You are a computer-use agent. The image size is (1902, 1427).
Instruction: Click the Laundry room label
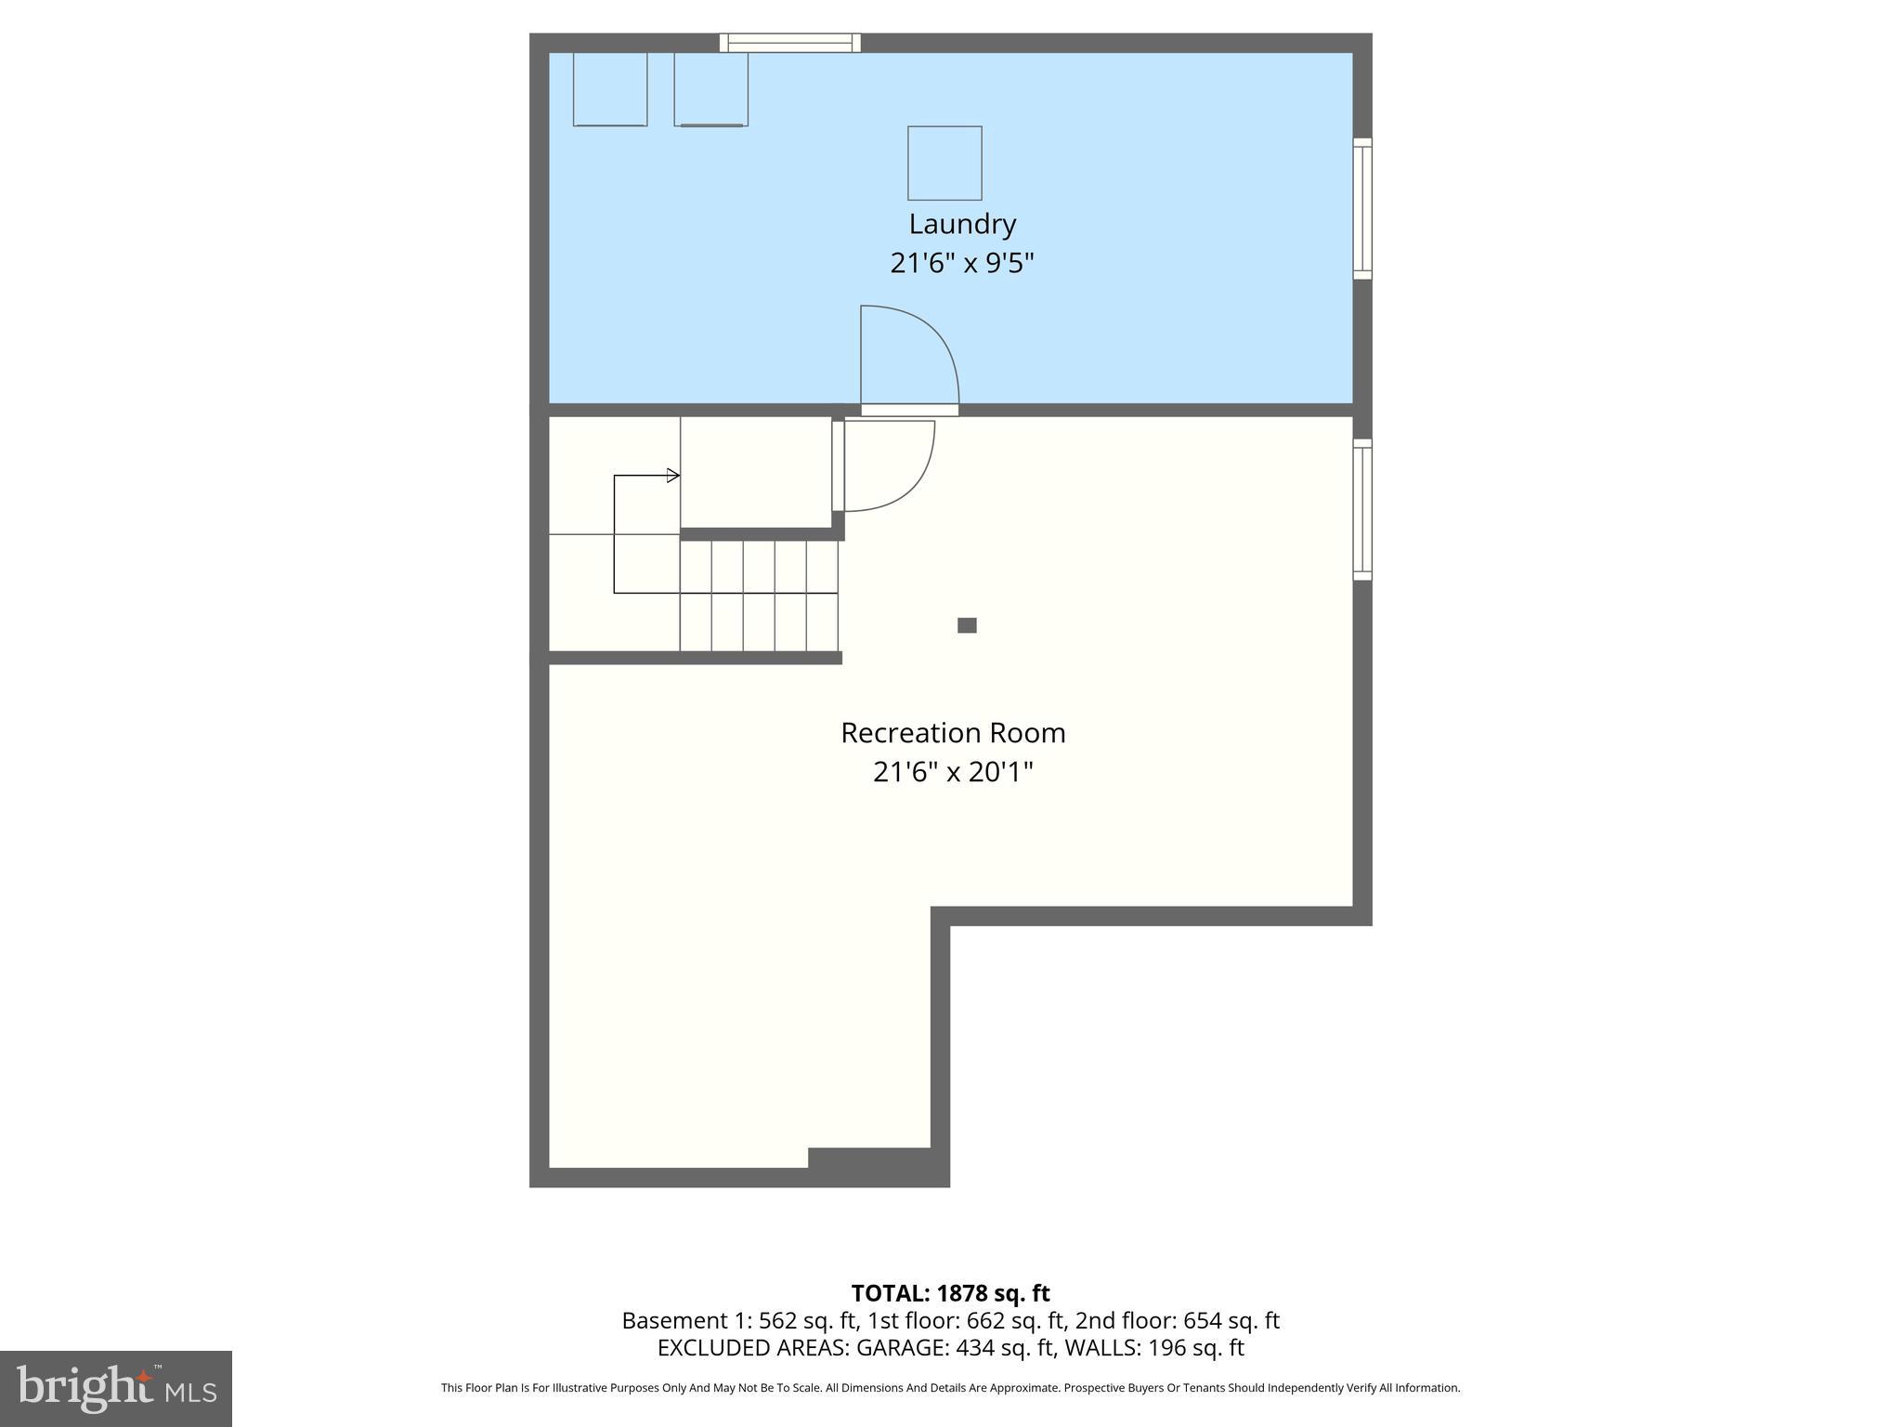tap(962, 224)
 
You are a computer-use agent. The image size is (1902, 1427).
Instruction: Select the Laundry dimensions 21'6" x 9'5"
tap(962, 263)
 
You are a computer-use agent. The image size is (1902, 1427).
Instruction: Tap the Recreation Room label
tap(953, 733)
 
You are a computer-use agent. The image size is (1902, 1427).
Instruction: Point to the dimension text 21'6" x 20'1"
tap(953, 772)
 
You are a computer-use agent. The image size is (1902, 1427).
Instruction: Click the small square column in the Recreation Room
tap(967, 625)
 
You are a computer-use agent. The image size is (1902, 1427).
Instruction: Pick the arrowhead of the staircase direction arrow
tap(673, 476)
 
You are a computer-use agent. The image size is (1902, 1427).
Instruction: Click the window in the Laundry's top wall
tap(790, 43)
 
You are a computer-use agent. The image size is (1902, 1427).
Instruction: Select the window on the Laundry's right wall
tap(1362, 208)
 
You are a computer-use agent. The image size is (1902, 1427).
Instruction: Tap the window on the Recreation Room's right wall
tap(1362, 509)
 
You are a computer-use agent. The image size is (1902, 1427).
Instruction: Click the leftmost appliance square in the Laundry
tap(610, 89)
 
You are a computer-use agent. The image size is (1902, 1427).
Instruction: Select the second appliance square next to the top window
tap(710, 89)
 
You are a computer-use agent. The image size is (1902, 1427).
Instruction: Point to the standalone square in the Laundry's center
tap(944, 164)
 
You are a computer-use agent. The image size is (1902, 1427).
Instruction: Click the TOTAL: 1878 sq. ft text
tap(950, 1293)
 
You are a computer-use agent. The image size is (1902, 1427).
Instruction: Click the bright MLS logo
tap(116, 1389)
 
